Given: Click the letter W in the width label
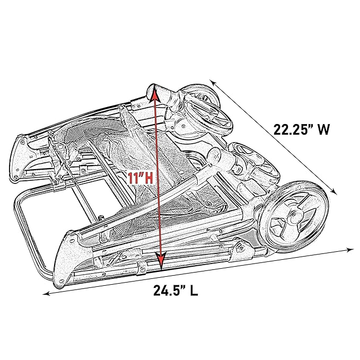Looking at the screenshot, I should tap(323, 129).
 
